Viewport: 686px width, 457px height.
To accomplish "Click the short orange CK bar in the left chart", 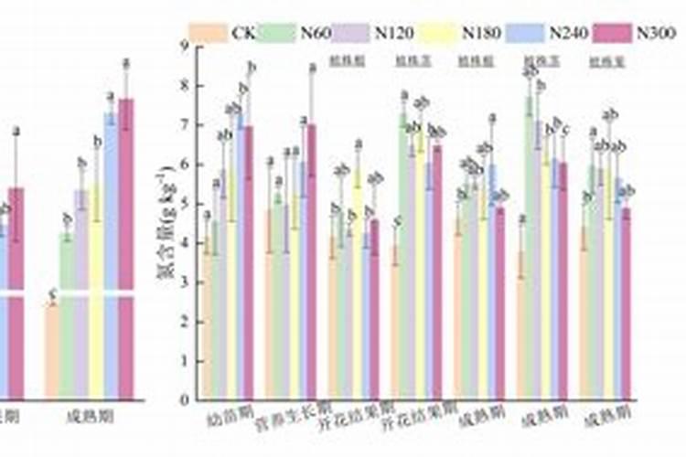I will (52, 351).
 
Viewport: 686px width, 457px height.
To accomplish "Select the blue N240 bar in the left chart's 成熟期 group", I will (110, 256).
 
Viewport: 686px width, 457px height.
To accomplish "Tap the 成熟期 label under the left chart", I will (90, 417).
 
